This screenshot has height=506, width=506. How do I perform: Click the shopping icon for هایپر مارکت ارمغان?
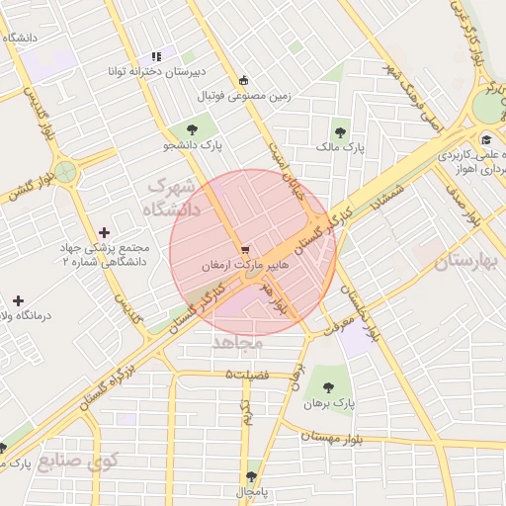[x=244, y=249]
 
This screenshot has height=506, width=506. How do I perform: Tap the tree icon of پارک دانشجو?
[x=191, y=128]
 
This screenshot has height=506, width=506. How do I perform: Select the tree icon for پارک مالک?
[x=340, y=129]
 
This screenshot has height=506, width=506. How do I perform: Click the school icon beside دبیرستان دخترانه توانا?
[x=155, y=56]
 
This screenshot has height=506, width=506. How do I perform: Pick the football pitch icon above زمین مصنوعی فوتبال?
[x=244, y=80]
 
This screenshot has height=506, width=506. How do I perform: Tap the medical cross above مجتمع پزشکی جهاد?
[x=104, y=231]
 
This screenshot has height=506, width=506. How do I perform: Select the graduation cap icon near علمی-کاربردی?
[x=485, y=138]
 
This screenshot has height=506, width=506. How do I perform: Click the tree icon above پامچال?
[x=253, y=475]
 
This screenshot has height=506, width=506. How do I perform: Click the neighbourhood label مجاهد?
[x=236, y=342]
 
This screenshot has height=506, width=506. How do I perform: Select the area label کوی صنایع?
[x=87, y=461]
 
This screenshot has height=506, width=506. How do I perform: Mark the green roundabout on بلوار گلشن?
[x=66, y=173]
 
